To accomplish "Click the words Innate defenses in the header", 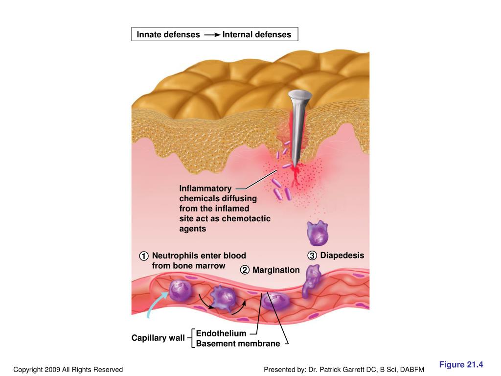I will coord(168,35).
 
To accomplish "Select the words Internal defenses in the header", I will coord(256,35).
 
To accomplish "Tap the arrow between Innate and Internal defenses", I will coord(211,35).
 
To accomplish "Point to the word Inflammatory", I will coord(205,188).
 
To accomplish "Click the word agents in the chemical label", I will coord(193,229).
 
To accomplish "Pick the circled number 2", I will coord(245,270).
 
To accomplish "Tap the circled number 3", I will coord(312,256).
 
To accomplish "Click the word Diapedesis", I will coord(342,256).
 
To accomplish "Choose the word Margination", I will coord(276,270).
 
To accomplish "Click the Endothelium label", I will coord(221,333).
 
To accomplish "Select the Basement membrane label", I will coord(238,344).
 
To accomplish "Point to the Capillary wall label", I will coord(158,338).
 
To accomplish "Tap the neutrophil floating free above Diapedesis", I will coord(317,234).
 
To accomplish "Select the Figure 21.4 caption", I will coord(461,365).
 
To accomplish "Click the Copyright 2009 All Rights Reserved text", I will coord(68,370).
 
